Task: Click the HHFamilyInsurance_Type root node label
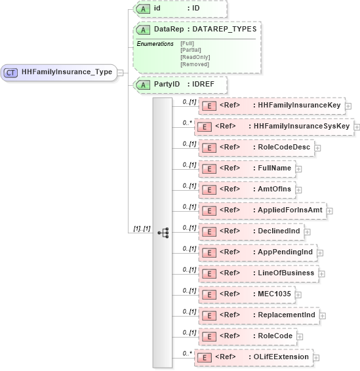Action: pyautogui.click(x=67, y=72)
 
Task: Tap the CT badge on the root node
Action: pyautogui.click(x=10, y=72)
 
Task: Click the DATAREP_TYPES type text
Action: pyautogui.click(x=224, y=29)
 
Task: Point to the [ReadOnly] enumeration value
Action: pyautogui.click(x=194, y=57)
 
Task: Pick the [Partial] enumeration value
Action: pyautogui.click(x=190, y=50)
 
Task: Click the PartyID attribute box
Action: pyautogui.click(x=178, y=85)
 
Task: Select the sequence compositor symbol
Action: pyautogui.click(x=163, y=233)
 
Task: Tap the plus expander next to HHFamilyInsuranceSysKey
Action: pyautogui.click(x=357, y=126)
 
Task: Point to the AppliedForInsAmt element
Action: pyautogui.click(x=262, y=210)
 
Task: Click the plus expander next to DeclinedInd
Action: pyautogui.click(x=307, y=231)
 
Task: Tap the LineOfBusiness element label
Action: pyautogui.click(x=285, y=273)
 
